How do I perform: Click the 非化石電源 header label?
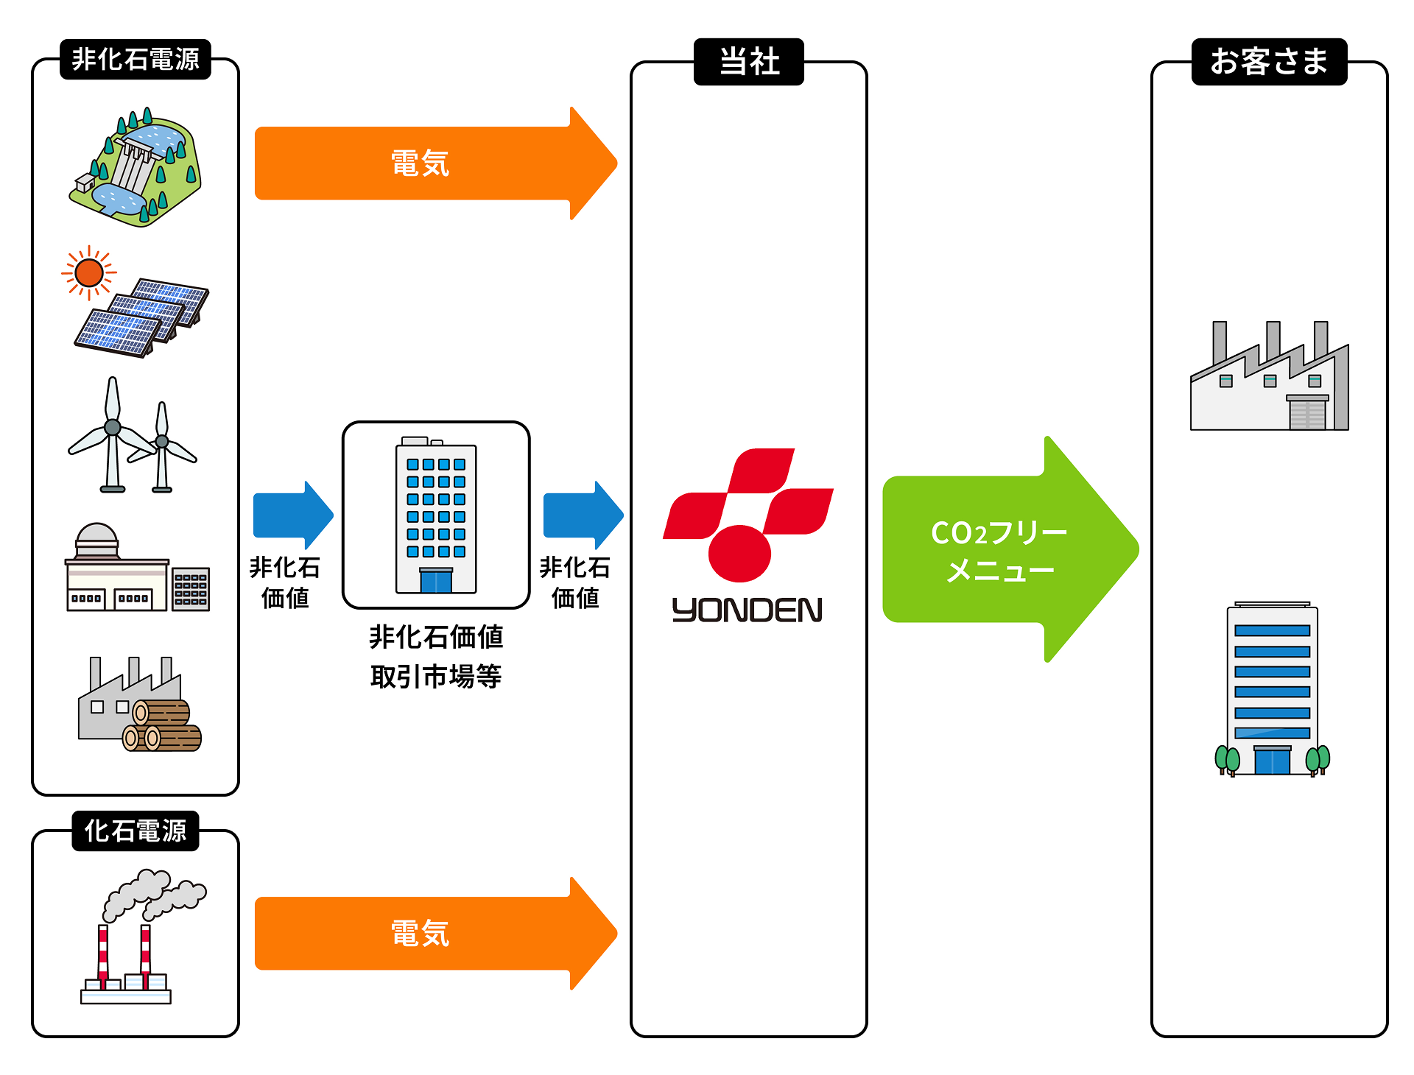pyautogui.click(x=136, y=59)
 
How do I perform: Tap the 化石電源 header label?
pyautogui.click(x=136, y=831)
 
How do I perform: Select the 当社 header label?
pyautogui.click(x=749, y=62)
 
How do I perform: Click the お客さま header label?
pyautogui.click(x=1269, y=62)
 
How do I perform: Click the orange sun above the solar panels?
pyautogui.click(x=89, y=273)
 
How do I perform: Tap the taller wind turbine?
pyautogui.click(x=112, y=434)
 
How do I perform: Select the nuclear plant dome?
pyautogui.click(x=96, y=537)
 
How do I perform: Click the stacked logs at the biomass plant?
pyautogui.click(x=162, y=726)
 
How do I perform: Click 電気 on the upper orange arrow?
pyautogui.click(x=420, y=163)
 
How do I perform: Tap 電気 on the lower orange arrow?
pyautogui.click(x=420, y=934)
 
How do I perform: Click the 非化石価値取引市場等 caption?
pyautogui.click(x=436, y=656)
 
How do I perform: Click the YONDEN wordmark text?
pyautogui.click(x=747, y=610)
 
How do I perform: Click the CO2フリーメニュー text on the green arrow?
pyautogui.click(x=999, y=551)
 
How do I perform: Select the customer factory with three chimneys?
pyautogui.click(x=1269, y=383)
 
